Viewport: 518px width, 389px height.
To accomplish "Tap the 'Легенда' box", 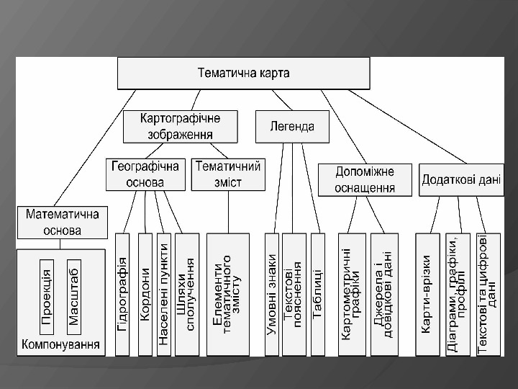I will [x=292, y=127].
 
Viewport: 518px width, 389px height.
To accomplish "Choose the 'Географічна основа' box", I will [x=145, y=174].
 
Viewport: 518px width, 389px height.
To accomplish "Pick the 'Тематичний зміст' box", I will [x=227, y=174].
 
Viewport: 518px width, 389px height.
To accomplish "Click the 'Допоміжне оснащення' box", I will [x=365, y=179].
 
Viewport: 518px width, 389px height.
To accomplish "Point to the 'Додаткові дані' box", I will [x=460, y=179].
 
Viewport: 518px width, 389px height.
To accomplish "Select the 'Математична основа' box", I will [x=63, y=222].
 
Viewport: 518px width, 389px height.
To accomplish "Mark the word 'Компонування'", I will [x=61, y=344].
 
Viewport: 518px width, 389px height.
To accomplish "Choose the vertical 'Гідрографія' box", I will [x=122, y=294].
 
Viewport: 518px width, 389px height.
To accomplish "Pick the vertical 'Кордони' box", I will [x=145, y=294].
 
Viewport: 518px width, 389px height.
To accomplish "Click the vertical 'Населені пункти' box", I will [x=164, y=294].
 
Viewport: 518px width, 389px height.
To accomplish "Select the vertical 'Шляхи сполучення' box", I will [x=186, y=294].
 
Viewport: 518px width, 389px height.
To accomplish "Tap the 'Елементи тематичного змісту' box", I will [x=227, y=294].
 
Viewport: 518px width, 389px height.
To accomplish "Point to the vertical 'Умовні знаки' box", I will [x=271, y=294].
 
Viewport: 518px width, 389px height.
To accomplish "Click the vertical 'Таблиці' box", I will [x=317, y=294].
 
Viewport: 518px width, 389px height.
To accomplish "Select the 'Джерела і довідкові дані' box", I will [x=384, y=294].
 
